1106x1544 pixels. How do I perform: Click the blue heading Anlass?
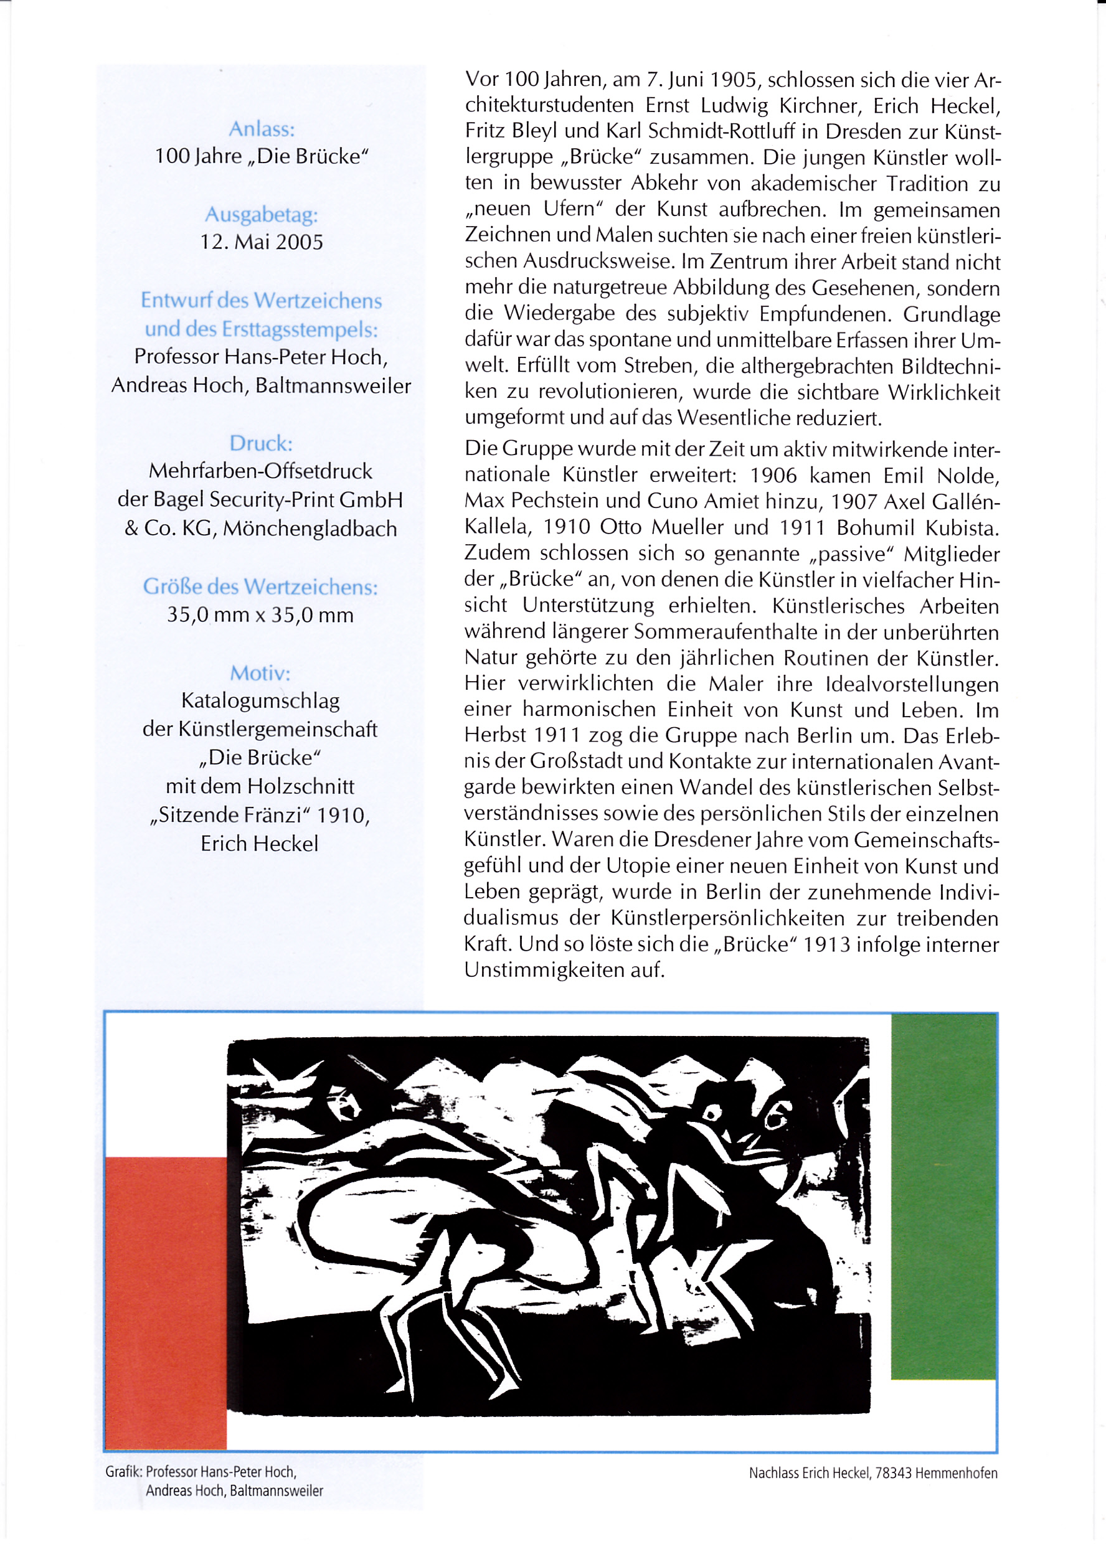[262, 129]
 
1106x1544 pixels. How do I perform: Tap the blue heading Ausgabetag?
[262, 215]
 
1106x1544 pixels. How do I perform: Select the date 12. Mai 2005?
[262, 242]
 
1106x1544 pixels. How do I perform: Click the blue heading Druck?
[261, 443]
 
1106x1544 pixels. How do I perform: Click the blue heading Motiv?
[260, 673]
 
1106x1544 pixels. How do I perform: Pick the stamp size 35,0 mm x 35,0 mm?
[260, 616]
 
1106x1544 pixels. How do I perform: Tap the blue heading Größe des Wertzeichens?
[260, 587]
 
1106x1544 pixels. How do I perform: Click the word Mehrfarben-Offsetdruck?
[260, 471]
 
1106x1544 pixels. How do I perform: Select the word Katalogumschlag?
[260, 700]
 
